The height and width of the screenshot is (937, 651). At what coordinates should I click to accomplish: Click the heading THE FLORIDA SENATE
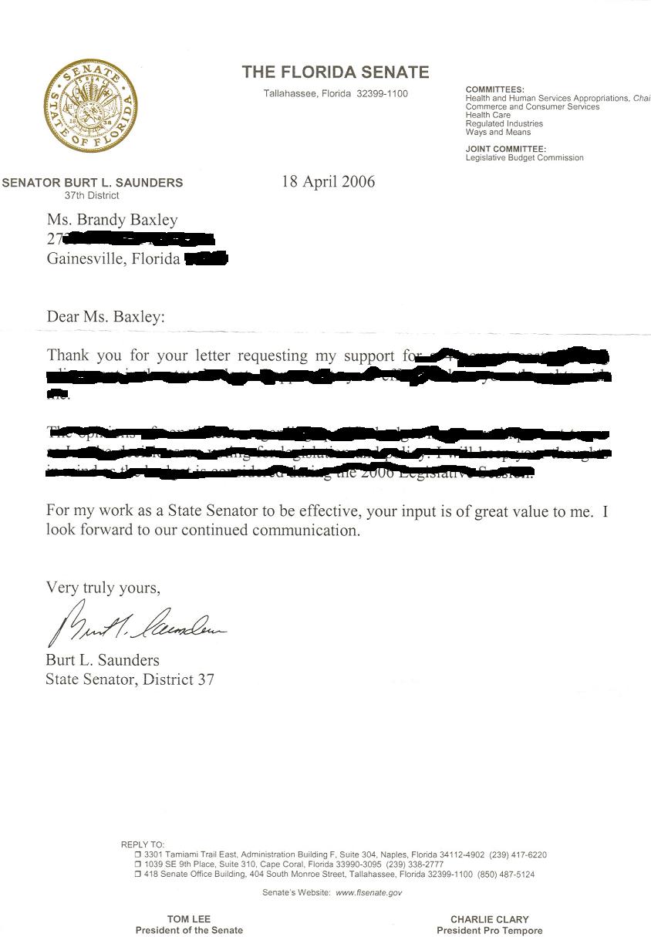(336, 72)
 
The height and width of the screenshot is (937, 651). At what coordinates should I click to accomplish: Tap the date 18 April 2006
(329, 182)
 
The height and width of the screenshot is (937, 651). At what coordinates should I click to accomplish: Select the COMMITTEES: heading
(495, 90)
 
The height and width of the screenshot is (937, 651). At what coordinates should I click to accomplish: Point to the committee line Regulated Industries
(504, 123)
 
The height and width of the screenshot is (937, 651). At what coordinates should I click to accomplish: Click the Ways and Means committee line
(498, 132)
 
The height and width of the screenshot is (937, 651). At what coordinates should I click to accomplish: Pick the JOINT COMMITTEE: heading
(506, 149)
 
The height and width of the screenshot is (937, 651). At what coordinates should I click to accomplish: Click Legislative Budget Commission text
(525, 157)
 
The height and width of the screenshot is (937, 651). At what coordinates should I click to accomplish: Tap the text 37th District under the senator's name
(92, 195)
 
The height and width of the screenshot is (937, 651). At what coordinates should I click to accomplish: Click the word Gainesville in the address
(84, 258)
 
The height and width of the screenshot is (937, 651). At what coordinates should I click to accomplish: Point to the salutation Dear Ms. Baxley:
(106, 316)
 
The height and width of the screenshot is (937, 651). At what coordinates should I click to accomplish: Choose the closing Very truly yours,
(103, 588)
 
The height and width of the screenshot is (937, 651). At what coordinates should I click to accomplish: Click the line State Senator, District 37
(130, 679)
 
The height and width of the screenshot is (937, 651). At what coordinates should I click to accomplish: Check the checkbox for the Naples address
(138, 855)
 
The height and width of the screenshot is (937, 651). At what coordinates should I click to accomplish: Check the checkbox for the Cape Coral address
(138, 865)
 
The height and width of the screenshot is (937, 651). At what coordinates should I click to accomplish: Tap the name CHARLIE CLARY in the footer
(490, 919)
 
